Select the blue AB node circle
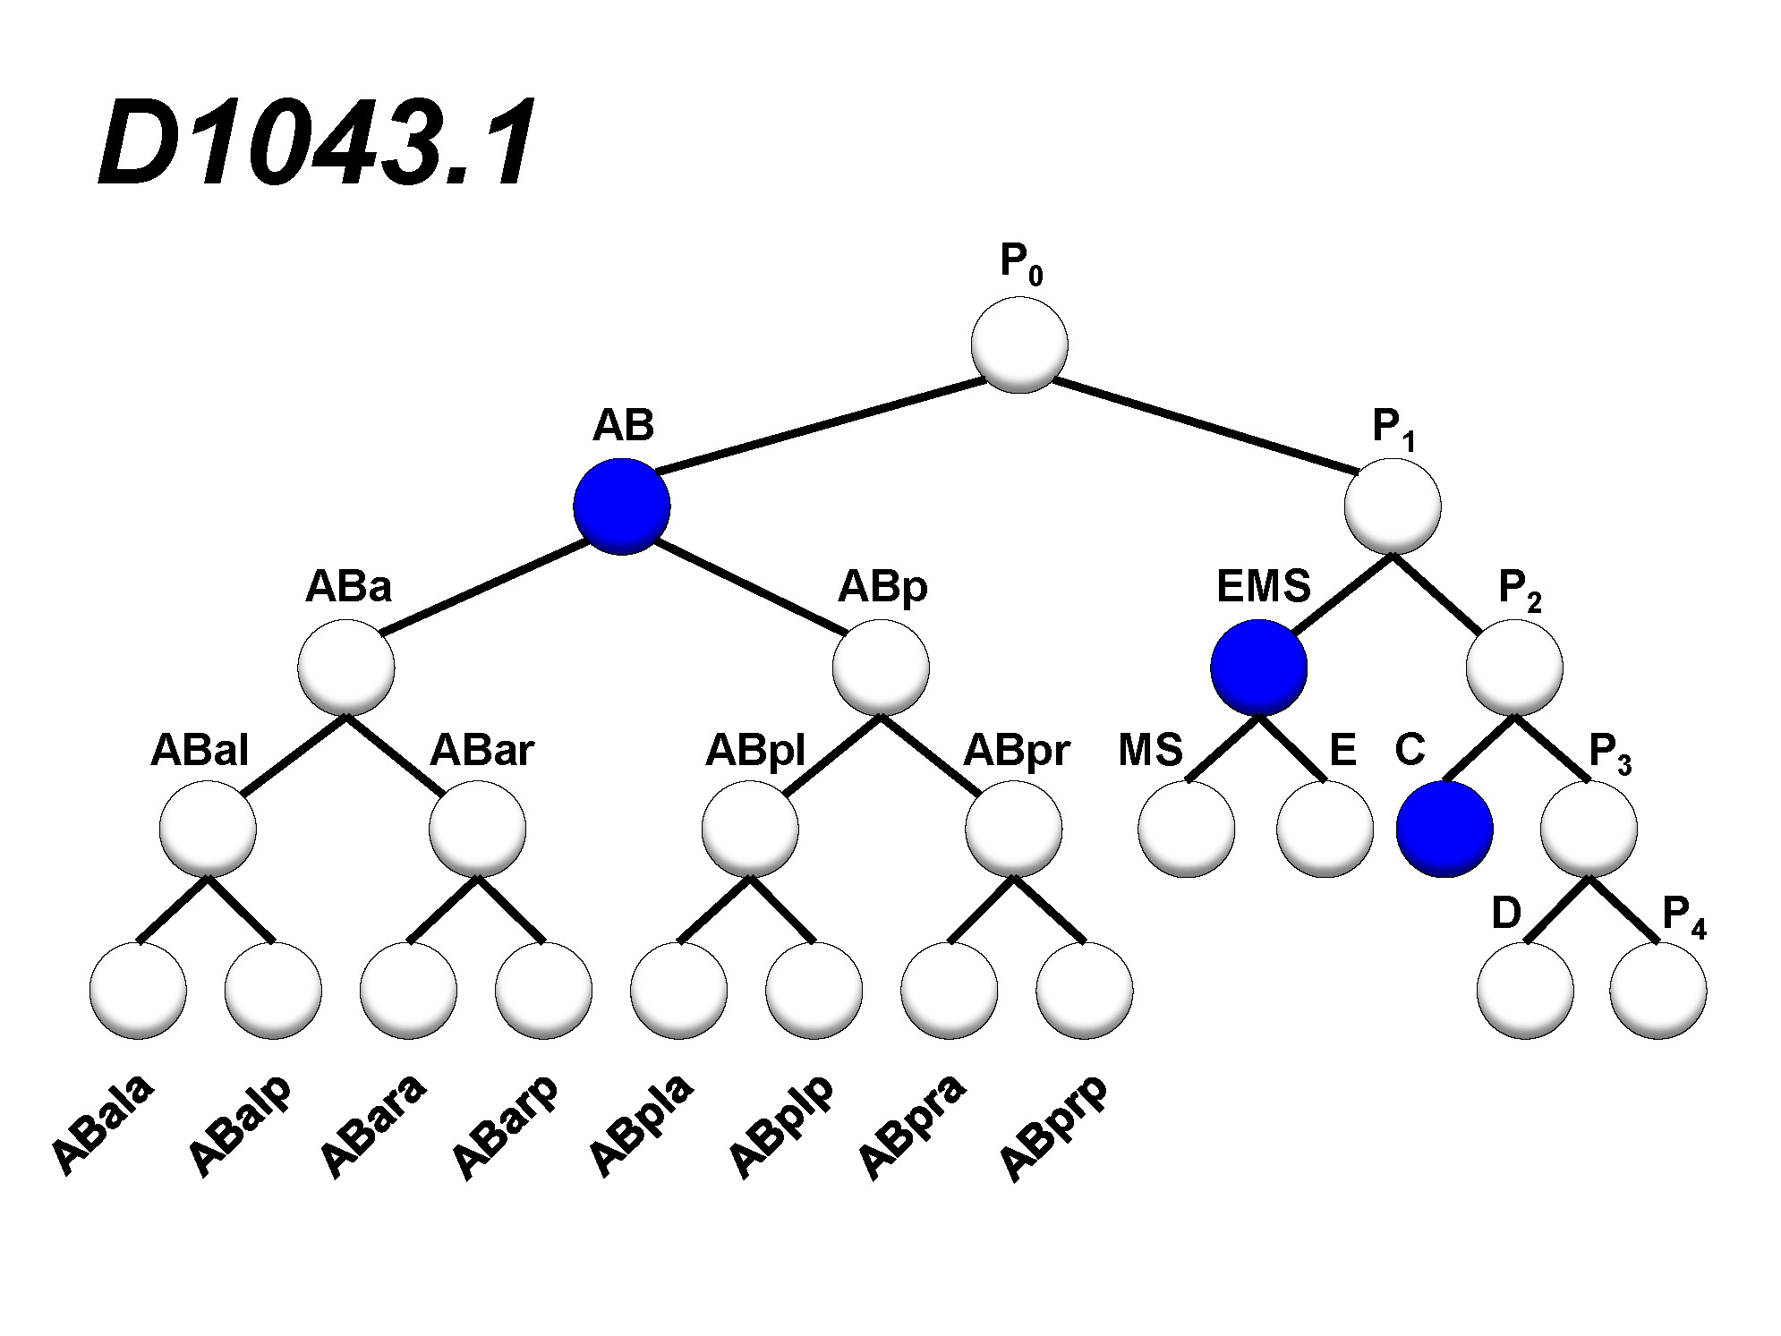click(622, 506)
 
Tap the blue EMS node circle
click(1258, 668)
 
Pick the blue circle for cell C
click(1444, 829)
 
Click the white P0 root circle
click(1019, 345)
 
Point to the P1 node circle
click(1393, 506)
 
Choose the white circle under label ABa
click(346, 668)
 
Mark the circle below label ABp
click(881, 668)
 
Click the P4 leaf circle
click(1658, 991)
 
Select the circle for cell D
click(1526, 991)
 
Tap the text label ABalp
click(240, 1124)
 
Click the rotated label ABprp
click(1053, 1128)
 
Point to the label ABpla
click(641, 1124)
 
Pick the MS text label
click(1150, 750)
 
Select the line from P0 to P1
click(1205, 426)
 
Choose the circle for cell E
click(1325, 829)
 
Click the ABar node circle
click(477, 829)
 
